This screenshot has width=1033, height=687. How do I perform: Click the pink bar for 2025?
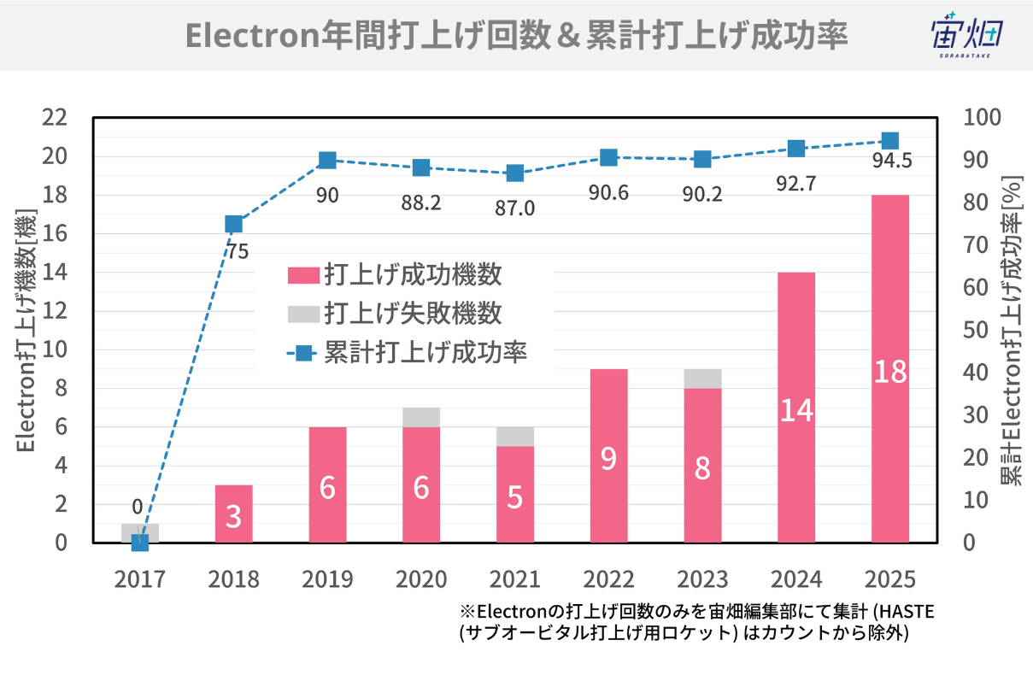click(x=889, y=368)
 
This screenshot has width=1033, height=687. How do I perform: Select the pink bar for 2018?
click(x=233, y=514)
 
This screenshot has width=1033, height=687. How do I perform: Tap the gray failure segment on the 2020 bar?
click(x=421, y=417)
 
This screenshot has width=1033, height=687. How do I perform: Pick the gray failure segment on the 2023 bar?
click(x=702, y=379)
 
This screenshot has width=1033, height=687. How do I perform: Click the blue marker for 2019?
click(x=327, y=160)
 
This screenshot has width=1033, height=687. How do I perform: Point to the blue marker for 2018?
click(x=233, y=224)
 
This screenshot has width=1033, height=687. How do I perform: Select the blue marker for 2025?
click(x=889, y=141)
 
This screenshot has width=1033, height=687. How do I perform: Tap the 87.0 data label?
click(x=514, y=207)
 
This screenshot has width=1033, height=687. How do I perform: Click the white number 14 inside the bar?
click(x=795, y=411)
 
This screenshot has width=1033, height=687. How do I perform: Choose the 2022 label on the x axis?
click(x=608, y=579)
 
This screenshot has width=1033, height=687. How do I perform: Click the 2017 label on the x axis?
click(x=140, y=579)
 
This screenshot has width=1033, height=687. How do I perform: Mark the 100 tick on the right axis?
click(x=980, y=117)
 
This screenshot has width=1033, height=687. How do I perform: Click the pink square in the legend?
click(x=303, y=275)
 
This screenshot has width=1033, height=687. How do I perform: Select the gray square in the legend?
click(x=303, y=314)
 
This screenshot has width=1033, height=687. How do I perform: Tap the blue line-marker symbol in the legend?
click(x=303, y=352)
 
